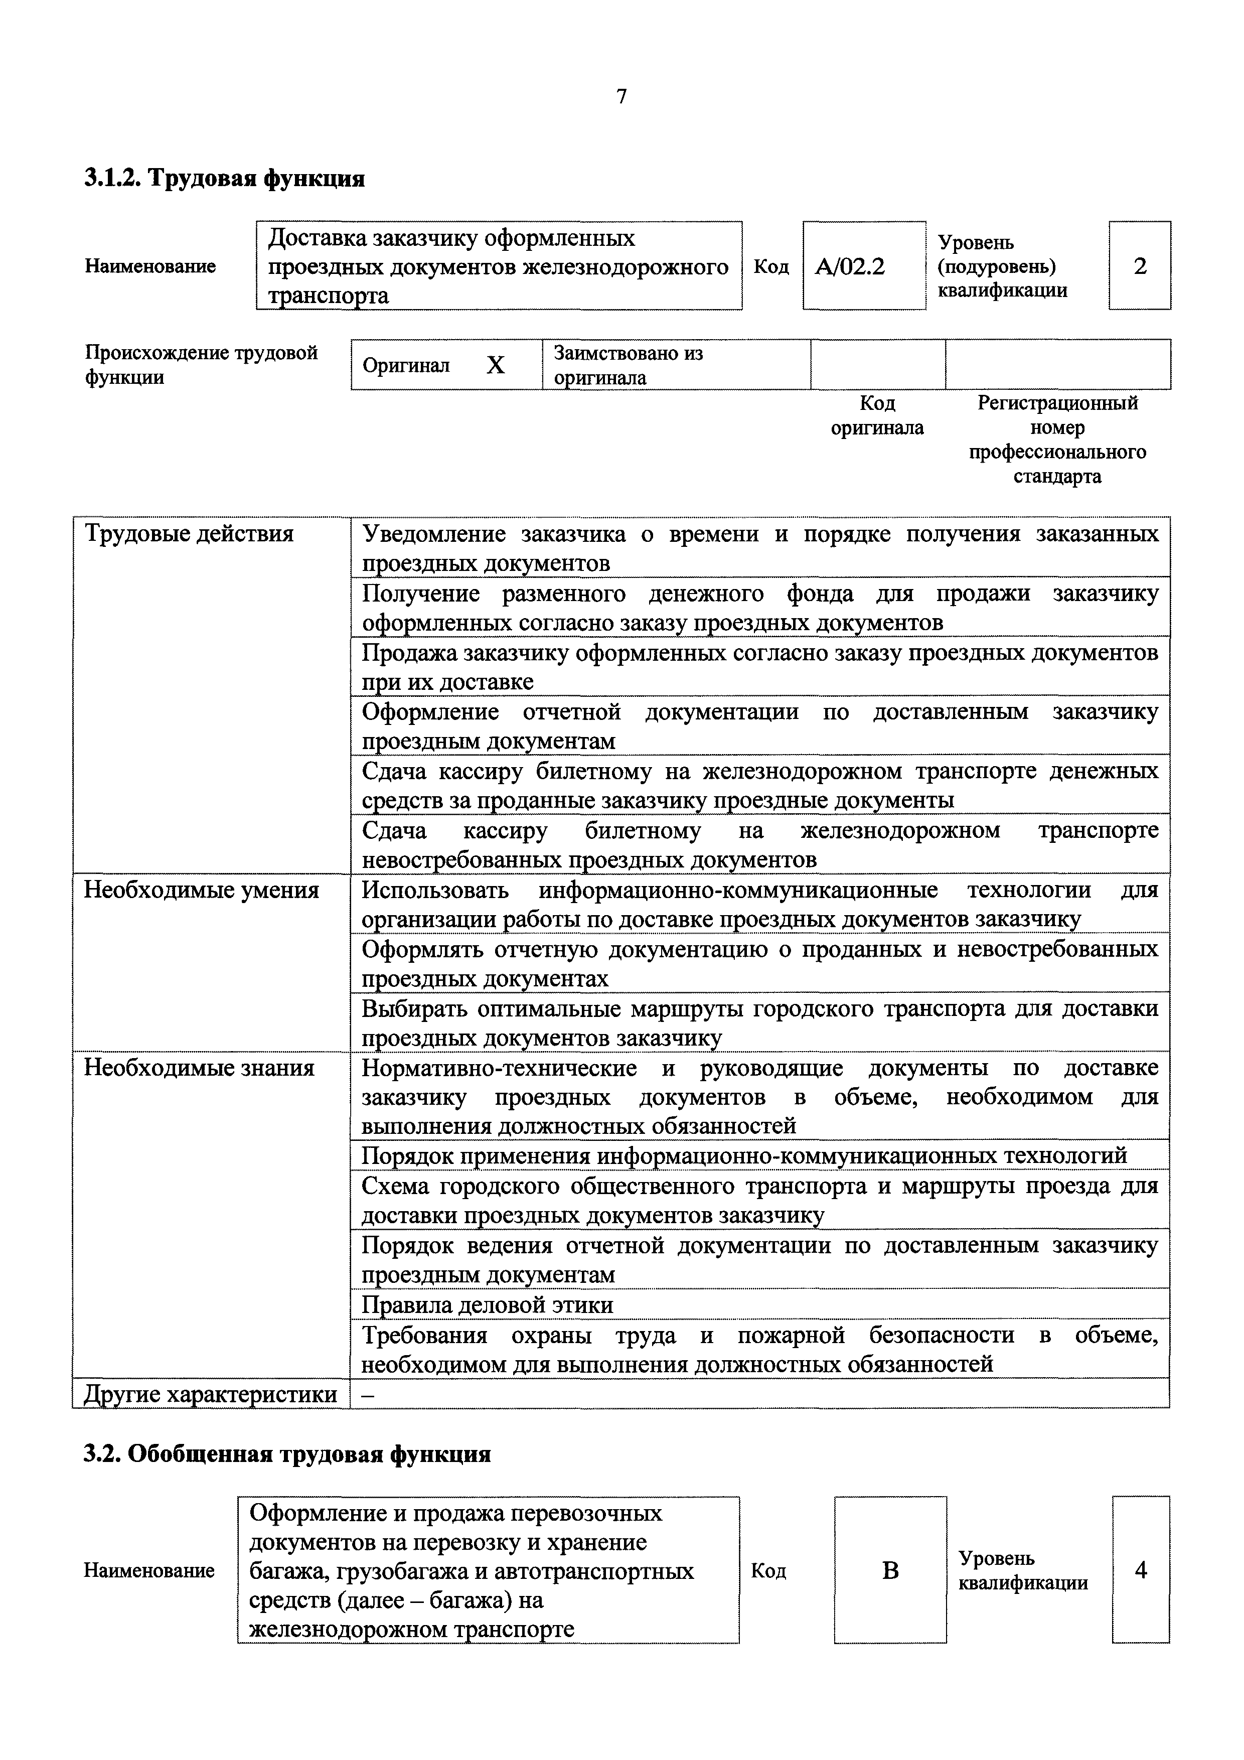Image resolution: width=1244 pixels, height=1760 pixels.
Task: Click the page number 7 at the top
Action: (x=621, y=97)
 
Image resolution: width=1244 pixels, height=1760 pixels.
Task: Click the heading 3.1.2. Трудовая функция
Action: (x=224, y=179)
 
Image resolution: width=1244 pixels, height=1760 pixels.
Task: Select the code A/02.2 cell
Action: (x=850, y=266)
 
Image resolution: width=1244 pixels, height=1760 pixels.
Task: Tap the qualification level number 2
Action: (x=1140, y=266)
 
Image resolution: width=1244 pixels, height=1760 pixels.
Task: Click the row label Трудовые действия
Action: (x=189, y=533)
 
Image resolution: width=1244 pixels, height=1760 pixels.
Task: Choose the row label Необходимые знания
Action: (x=199, y=1068)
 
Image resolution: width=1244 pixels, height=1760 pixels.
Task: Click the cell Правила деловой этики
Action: (x=488, y=1304)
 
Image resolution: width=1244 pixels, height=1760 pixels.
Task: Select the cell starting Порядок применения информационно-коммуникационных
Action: (x=743, y=1155)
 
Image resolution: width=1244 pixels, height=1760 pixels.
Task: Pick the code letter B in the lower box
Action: (x=890, y=1571)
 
